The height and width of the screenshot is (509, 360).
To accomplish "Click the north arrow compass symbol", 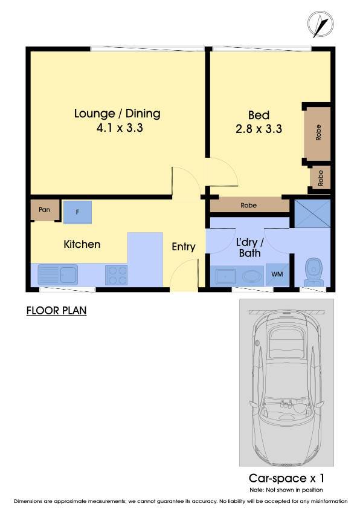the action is coord(320,24).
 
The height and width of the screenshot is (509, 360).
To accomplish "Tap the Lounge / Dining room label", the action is coord(117,114).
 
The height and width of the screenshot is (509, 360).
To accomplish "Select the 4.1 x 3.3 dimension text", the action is coord(120,128).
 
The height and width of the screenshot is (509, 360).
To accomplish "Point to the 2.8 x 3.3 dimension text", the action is coord(259,129).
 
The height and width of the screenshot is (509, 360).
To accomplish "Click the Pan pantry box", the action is coord(45,210).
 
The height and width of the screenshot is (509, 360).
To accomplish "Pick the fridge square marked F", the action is coord(77,212).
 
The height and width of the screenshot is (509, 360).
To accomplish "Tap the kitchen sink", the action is coord(58,274).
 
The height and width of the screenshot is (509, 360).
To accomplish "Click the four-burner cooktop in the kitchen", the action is coord(116,275).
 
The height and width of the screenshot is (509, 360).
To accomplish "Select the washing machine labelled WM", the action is coord(277,274).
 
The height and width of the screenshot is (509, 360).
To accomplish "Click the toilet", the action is coord(313,272).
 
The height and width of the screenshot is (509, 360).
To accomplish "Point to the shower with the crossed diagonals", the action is coord(312,213).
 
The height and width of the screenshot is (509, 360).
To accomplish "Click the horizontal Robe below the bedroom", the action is coord(249,205).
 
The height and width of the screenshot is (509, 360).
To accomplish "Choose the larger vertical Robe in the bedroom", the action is coord(318,133).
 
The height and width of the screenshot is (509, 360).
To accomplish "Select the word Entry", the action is coord(184,247).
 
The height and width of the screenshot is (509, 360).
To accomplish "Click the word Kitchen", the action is coord(82,244).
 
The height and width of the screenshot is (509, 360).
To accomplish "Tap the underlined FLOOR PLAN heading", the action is coord(56,311).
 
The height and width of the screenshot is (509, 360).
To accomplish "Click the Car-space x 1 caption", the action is coord(286,478).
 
